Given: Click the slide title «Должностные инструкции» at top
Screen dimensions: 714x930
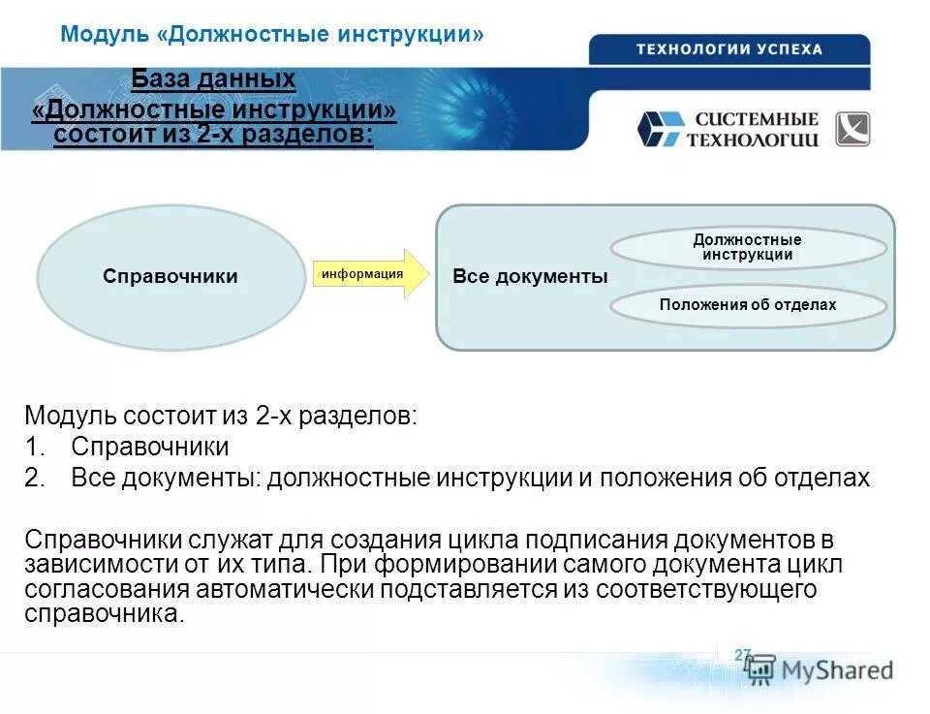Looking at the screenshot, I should click(271, 35).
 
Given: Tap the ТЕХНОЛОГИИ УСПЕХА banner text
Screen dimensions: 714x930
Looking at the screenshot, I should click(728, 49).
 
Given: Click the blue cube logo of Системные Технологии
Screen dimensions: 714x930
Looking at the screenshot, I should click(660, 129).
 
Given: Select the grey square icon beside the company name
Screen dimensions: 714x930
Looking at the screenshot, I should click(852, 129).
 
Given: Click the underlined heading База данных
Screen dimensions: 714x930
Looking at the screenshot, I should click(213, 79).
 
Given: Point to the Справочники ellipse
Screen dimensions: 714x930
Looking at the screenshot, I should click(170, 276).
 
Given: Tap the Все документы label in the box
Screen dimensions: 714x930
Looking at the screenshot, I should click(530, 277).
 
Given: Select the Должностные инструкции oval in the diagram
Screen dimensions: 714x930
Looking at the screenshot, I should click(747, 247).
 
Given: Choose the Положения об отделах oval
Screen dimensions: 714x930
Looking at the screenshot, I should click(747, 305).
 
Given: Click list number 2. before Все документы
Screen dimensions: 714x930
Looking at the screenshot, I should click(36, 479).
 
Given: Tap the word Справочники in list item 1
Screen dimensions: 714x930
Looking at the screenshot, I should click(150, 448).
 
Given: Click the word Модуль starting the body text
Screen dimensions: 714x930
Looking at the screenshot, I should click(71, 417).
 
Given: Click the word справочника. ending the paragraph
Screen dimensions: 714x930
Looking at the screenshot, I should click(104, 613).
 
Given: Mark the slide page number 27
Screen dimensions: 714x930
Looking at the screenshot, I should click(743, 655).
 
